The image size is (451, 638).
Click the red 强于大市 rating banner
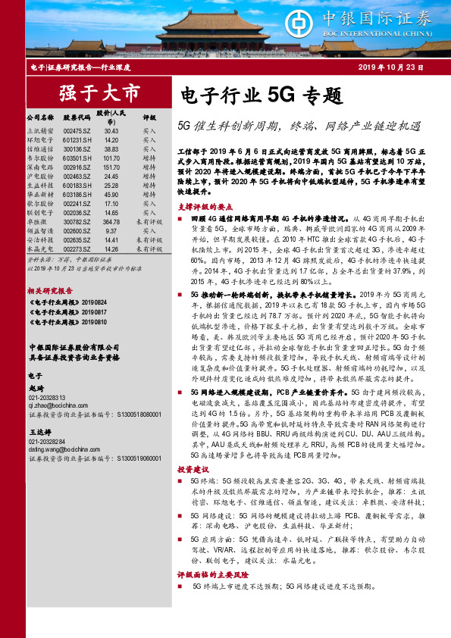tap(100, 94)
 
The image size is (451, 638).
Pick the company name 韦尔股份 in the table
tap(39, 158)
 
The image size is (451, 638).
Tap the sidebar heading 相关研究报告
tap(50, 290)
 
